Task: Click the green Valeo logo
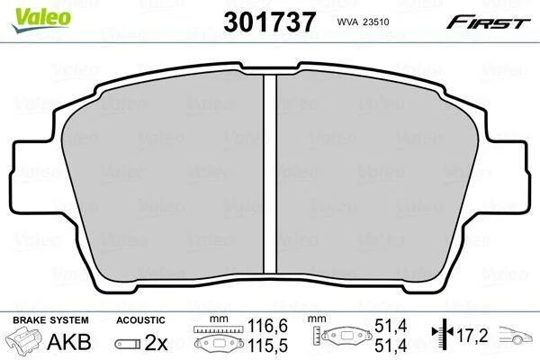(x=41, y=20)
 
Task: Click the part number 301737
(x=269, y=22)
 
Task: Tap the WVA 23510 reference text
(x=363, y=22)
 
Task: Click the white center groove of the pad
(x=270, y=174)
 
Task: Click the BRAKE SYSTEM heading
(x=50, y=320)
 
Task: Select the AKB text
(x=69, y=342)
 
